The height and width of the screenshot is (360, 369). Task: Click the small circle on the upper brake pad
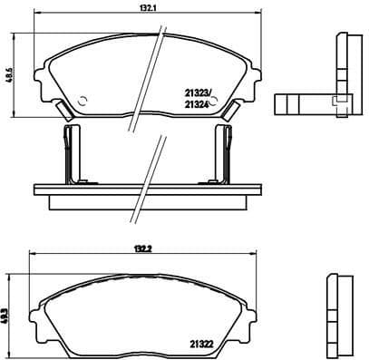82,101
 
